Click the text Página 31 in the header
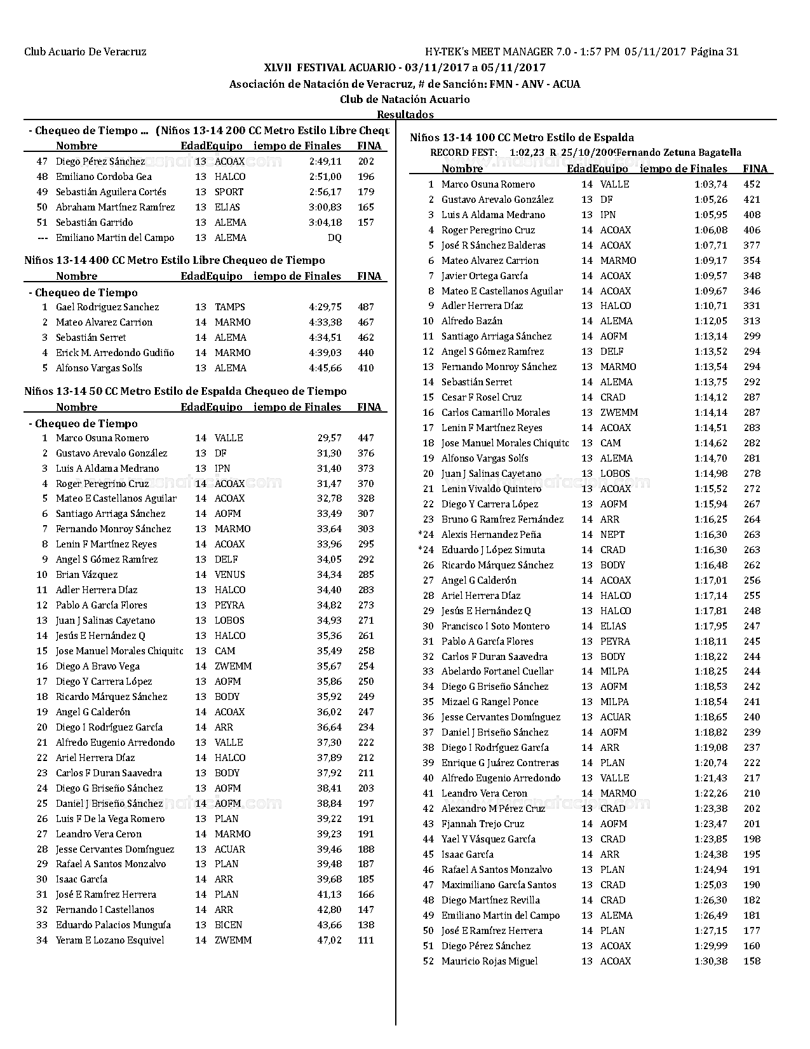tap(714, 52)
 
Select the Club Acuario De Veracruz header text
tap(85, 52)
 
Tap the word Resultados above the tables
tap(405, 114)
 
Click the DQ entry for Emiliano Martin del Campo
tap(334, 238)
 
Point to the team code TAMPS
tap(229, 307)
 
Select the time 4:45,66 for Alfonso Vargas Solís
tap(325, 368)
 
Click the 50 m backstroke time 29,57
tap(329, 438)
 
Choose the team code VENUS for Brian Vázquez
tap(229, 575)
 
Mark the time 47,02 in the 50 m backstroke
tap(329, 940)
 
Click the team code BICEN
tap(228, 925)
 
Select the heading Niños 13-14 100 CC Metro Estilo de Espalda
tap(522, 137)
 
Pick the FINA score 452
tap(752, 184)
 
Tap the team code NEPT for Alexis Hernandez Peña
tap(612, 535)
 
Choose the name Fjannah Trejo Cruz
tap(483, 824)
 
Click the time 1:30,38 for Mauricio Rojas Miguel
tap(711, 961)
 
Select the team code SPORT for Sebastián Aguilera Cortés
tap(229, 192)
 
